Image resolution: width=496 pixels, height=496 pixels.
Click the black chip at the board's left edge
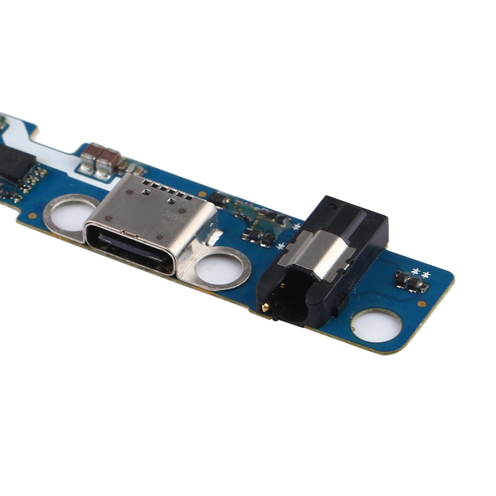tap(12, 164)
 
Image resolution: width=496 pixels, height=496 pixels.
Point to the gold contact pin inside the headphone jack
tap(265, 307)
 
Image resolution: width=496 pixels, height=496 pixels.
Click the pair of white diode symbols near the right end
tap(421, 273)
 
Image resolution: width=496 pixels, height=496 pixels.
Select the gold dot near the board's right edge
tap(422, 303)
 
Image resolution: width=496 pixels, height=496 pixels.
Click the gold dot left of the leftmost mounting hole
tap(32, 215)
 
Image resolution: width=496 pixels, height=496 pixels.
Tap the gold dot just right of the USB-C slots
tap(202, 193)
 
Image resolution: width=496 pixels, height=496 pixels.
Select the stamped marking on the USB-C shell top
tap(170, 215)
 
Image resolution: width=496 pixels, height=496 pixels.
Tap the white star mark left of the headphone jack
tap(281, 247)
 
